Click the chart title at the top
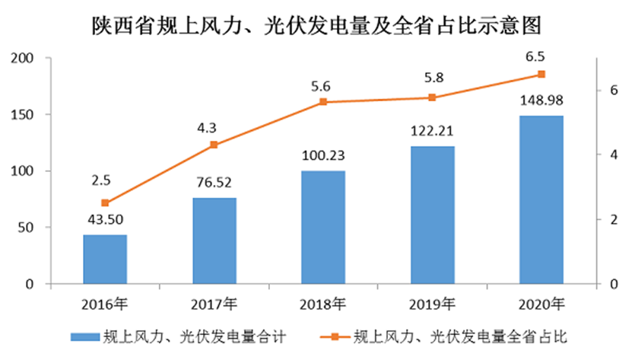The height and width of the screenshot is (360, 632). point(316,26)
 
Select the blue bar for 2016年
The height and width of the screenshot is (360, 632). point(105,259)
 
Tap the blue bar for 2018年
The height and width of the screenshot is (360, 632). point(322,227)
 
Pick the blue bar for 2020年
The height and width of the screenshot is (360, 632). point(541,199)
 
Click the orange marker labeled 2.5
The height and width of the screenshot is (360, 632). point(105,203)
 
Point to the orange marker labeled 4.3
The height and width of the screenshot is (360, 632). point(214,145)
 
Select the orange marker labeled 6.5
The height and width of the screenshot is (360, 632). point(541,74)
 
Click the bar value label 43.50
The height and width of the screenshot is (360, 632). point(105,221)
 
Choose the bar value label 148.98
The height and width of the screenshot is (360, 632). point(541,100)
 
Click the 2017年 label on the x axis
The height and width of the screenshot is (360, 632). point(214,305)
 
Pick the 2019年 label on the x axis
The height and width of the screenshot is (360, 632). point(432,305)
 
